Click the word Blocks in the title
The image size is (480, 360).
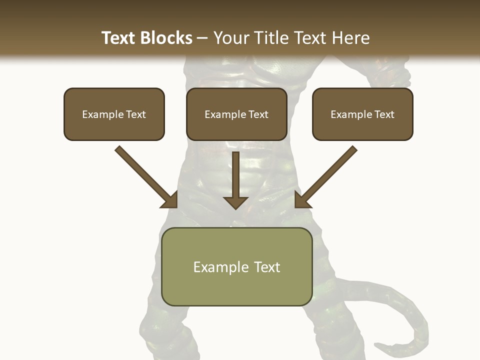pyautogui.click(x=166, y=38)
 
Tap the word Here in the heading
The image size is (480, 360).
pyautogui.click(x=350, y=38)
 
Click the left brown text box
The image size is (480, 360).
pyautogui.click(x=114, y=114)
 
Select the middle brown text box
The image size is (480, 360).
pyautogui.click(x=236, y=114)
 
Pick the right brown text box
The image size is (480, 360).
pyautogui.click(x=362, y=114)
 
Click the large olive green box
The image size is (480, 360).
pyautogui.click(x=237, y=266)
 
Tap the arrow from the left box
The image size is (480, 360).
pyautogui.click(x=145, y=175)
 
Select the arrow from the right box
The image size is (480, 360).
pyautogui.click(x=327, y=175)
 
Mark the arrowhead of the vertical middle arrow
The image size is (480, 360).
pyautogui.click(x=235, y=202)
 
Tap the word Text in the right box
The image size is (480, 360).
pyautogui.click(x=384, y=114)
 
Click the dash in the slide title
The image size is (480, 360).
pyautogui.click(x=202, y=38)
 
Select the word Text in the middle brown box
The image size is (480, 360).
pyautogui.click(x=258, y=114)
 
